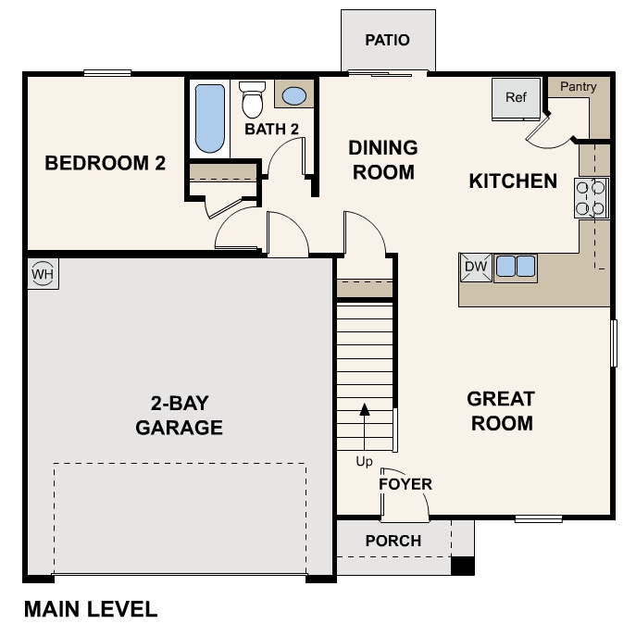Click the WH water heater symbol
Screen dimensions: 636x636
pos(42,274)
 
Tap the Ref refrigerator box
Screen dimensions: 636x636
pos(516,98)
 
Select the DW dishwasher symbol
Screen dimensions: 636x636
pos(475,268)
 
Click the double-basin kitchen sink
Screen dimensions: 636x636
pos(516,268)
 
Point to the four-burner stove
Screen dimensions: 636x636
pos(592,197)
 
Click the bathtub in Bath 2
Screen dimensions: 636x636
pos(210,118)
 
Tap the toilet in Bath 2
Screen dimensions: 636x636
pos(252,99)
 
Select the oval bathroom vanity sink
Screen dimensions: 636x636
pos(294,95)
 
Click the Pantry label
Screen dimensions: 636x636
pos(578,87)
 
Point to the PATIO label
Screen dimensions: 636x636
pos(387,40)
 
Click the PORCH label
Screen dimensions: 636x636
pos(393,541)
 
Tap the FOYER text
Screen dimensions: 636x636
pos(405,484)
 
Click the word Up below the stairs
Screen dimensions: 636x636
pos(365,460)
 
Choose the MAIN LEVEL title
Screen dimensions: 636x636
pos(91,610)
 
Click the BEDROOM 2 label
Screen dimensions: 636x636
pos(106,164)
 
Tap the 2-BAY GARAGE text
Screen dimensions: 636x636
pos(180,416)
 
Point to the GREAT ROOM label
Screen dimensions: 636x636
pos(500,412)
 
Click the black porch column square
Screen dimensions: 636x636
pos(462,566)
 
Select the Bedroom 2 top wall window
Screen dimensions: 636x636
pos(106,73)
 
